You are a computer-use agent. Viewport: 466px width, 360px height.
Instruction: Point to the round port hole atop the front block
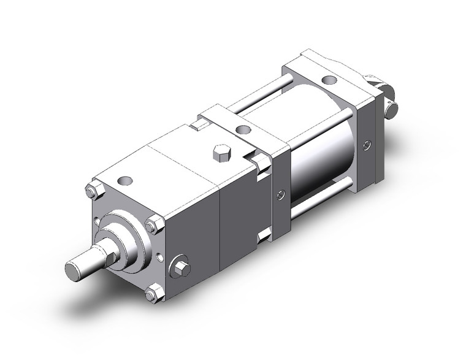126,182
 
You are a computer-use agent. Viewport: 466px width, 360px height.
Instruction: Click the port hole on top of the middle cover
243,130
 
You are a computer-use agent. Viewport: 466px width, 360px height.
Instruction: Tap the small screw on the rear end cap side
367,145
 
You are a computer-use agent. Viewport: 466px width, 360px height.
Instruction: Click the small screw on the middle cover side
280,196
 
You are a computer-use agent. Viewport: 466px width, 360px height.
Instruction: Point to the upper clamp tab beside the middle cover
261,163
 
